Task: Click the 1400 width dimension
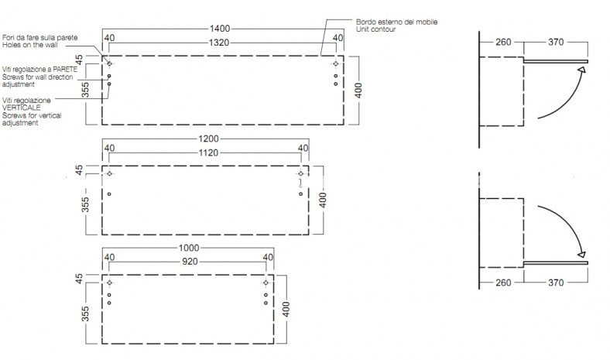point(220,29)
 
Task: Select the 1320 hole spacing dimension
point(219,43)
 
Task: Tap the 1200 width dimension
point(208,139)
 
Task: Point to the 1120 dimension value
point(208,153)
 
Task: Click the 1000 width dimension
point(189,248)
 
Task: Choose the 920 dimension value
point(190,262)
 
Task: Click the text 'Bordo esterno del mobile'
point(396,22)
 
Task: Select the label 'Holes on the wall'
point(30,45)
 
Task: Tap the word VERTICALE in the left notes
point(22,108)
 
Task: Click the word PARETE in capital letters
point(65,69)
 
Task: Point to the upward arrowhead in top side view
point(581,70)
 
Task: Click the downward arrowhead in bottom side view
point(581,254)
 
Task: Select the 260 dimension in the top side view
point(503,42)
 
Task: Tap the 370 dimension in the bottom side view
point(556,283)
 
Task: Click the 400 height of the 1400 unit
point(358,91)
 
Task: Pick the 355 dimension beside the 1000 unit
point(85,314)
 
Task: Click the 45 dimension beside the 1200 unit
point(79,170)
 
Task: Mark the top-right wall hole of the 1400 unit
point(336,63)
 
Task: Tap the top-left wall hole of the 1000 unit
point(109,283)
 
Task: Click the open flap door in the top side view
point(556,61)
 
